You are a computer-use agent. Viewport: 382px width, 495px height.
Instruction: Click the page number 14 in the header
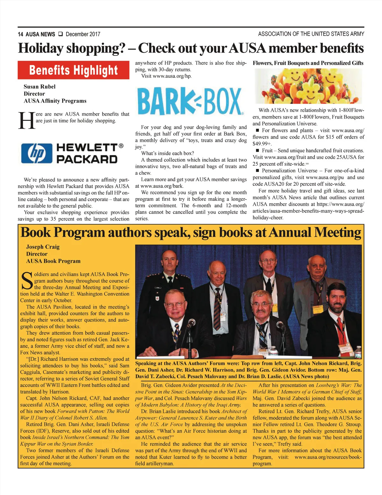click(x=20, y=34)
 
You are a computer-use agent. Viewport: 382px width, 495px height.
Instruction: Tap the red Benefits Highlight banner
click(x=74, y=70)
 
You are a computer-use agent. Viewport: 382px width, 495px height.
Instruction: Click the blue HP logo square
click(x=37, y=153)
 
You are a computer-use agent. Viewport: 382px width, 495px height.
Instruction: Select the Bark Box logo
click(x=190, y=101)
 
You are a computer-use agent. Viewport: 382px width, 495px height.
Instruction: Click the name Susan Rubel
click(x=39, y=87)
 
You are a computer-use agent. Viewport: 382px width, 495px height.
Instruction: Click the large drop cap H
click(x=26, y=121)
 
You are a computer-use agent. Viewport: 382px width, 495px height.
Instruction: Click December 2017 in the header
click(x=83, y=34)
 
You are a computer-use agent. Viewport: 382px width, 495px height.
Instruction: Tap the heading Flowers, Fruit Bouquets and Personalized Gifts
click(x=308, y=63)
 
